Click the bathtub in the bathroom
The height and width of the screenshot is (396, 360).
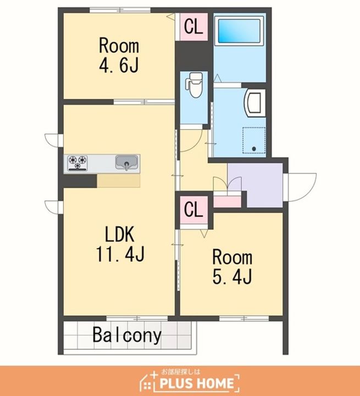pyautogui.click(x=239, y=31)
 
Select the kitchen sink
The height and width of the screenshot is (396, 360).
pyautogui.click(x=127, y=162)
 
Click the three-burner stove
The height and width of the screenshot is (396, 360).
pyautogui.click(x=77, y=163)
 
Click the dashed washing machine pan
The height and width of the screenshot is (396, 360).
pyautogui.click(x=254, y=140)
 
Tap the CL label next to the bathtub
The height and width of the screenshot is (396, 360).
pyautogui.click(x=193, y=26)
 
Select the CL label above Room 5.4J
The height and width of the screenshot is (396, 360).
pyautogui.click(x=193, y=210)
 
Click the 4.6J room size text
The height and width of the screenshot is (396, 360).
pyautogui.click(x=119, y=65)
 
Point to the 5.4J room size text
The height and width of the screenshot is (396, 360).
pyautogui.click(x=232, y=276)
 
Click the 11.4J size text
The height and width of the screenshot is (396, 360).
pyautogui.click(x=120, y=254)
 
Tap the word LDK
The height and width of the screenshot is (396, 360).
pyautogui.click(x=119, y=234)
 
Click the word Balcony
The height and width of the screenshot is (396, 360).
pyautogui.click(x=127, y=335)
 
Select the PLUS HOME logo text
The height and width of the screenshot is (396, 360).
pyautogui.click(x=197, y=383)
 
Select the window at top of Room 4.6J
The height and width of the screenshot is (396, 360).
pyautogui.click(x=120, y=10)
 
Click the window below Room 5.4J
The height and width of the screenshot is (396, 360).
pyautogui.click(x=244, y=318)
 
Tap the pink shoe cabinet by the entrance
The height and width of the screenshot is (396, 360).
pyautogui.click(x=227, y=202)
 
